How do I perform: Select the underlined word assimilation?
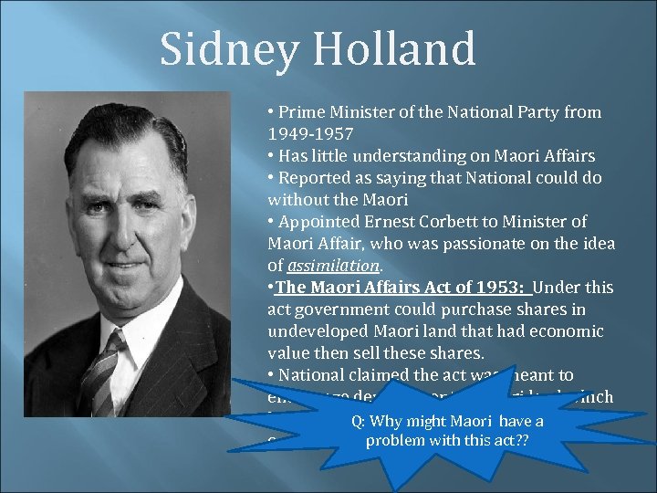tap(333, 266)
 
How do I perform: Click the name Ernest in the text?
tap(374, 222)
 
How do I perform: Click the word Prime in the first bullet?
tap(299, 112)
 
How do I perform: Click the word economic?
tap(566, 331)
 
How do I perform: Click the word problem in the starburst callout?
tap(397, 440)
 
